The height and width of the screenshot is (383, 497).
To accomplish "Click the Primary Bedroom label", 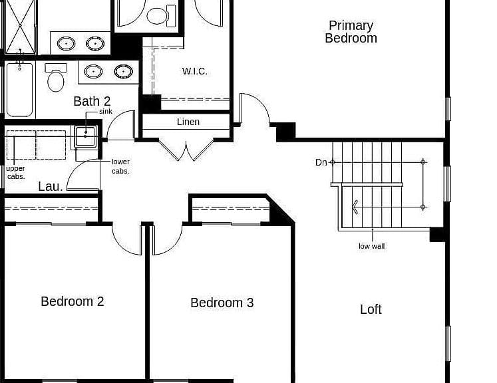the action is pos(351,32).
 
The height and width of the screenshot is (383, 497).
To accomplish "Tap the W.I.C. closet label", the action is pos(195,71).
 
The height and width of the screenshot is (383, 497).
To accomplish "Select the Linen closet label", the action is pos(188,122).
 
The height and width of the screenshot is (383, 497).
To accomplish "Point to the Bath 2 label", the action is pos(92,101).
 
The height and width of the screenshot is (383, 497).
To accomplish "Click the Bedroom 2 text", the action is pos(73,301).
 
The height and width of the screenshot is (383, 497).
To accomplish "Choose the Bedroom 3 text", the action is pos(222,303).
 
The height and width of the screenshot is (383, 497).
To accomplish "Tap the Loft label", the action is pos(371,309).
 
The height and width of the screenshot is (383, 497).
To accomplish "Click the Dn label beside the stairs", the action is pos(321,162).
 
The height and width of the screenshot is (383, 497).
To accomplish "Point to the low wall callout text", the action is pos(371,246).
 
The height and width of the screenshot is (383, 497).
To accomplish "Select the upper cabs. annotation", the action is pos(15,173).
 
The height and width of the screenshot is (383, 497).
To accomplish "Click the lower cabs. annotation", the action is pos(120,166).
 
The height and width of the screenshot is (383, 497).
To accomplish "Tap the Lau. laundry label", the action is pos(51,187).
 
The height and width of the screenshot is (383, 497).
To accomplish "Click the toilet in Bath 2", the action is pos(56,78).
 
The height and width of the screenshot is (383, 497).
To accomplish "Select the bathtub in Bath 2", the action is pos(20,89).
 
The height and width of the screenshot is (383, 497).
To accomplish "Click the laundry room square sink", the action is pos(85,136).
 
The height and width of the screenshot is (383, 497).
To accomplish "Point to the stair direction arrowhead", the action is pos(355,207).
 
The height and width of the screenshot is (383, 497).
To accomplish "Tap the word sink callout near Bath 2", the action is pos(106,112).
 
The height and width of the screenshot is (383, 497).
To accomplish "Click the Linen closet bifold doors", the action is pos(186,150).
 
